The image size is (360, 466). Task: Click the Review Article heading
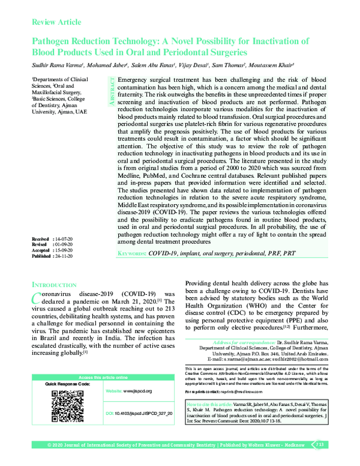(56, 22)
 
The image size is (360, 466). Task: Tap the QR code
(68, 406)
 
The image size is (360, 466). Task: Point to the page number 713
(319, 444)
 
